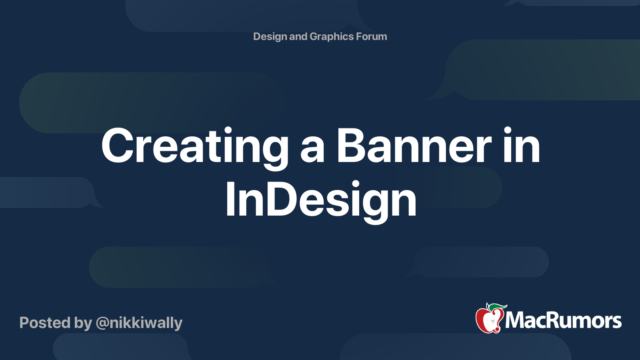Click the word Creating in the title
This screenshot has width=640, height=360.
coord(195,146)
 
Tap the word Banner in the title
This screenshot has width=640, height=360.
coord(414,146)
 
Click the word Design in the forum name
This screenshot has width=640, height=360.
coord(270,36)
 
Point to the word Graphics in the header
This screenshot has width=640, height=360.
coord(332,36)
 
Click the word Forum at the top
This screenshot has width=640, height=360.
coord(372,36)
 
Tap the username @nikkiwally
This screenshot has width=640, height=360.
coord(139,323)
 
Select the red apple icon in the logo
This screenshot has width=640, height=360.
coord(489,320)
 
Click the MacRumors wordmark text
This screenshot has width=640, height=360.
coord(563,320)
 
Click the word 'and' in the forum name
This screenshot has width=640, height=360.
coord(298,36)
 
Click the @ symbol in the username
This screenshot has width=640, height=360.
coord(102,323)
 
